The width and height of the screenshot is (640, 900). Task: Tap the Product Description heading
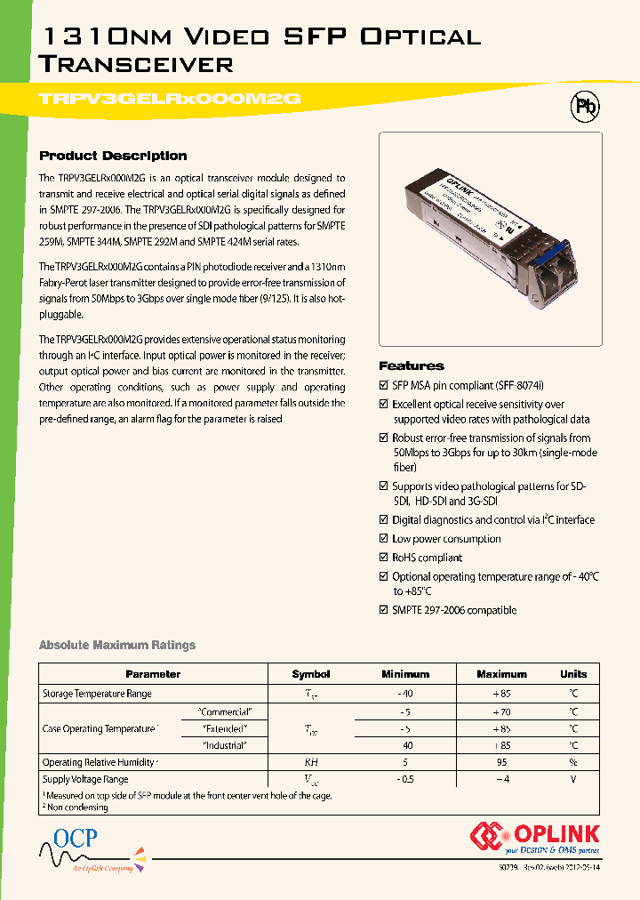113,156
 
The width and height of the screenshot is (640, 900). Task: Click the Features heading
411,366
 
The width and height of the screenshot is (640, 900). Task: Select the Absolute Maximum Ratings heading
117,645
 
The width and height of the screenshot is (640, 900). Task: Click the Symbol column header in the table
310,674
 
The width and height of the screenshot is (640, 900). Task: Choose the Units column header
573,674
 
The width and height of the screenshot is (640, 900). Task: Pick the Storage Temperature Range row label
97,694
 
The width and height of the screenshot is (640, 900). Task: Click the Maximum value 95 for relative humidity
501,762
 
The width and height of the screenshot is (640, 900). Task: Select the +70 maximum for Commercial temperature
501,711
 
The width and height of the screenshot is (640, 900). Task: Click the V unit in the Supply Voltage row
573,779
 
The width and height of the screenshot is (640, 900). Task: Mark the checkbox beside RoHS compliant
384,558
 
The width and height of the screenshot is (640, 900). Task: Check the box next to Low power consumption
384,540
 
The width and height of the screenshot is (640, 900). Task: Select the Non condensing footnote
78,807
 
